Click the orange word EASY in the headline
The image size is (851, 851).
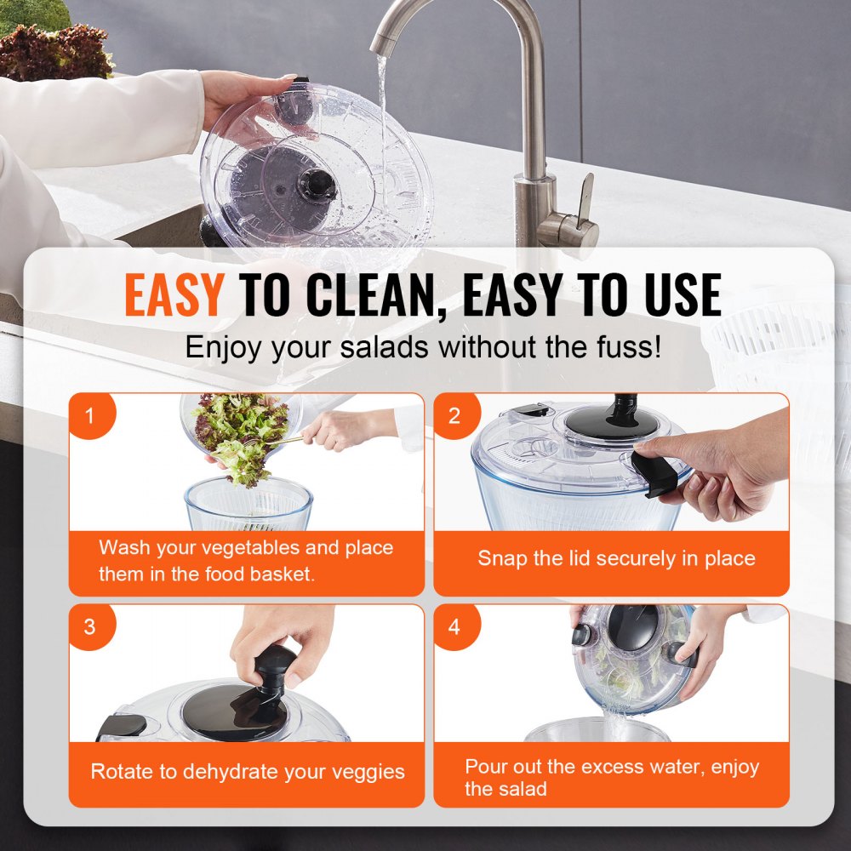click(x=174, y=295)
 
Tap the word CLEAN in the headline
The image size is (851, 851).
click(x=374, y=295)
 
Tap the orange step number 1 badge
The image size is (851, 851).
click(x=89, y=415)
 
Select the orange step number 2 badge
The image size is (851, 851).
click(x=454, y=415)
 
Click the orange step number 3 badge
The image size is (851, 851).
click(x=89, y=627)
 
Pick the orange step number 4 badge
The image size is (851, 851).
click(x=454, y=627)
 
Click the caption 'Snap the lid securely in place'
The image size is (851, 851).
click(x=615, y=559)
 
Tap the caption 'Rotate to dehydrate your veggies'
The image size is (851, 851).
click(x=247, y=772)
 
